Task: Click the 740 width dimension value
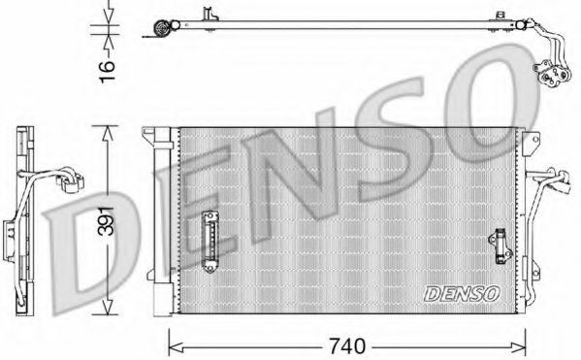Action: click(347, 346)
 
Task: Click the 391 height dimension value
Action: click(107, 220)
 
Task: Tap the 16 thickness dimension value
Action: click(107, 71)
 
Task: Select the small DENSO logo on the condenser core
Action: click(462, 294)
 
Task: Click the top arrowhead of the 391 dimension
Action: click(107, 133)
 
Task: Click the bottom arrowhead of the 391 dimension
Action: click(107, 307)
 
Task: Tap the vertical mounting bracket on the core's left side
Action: click(210, 242)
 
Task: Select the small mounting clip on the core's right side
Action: click(500, 246)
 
